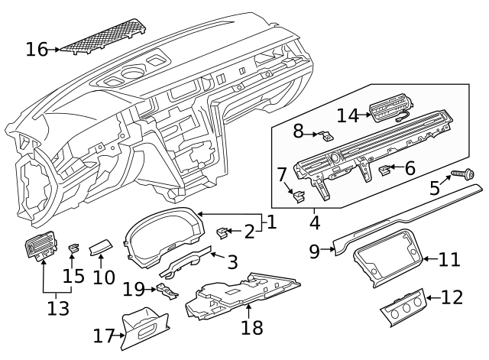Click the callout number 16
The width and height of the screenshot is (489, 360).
(x=36, y=50)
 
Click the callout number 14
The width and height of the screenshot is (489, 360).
(x=347, y=115)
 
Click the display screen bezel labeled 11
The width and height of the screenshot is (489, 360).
(x=387, y=261)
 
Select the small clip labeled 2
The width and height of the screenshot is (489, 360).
(x=224, y=231)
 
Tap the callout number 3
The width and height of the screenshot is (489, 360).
(x=232, y=262)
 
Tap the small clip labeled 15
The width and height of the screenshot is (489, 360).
(x=75, y=248)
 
